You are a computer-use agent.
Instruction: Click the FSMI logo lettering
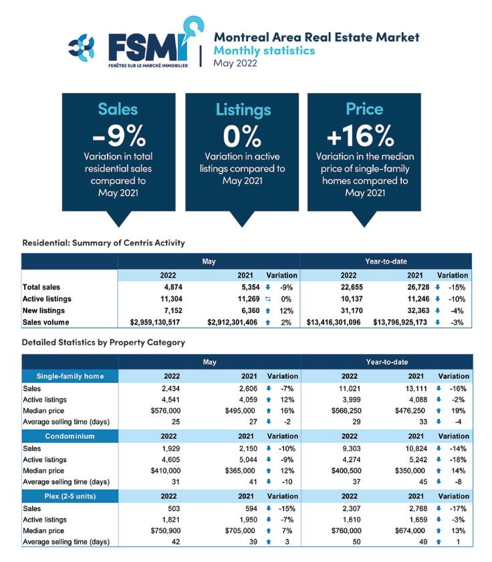[148, 48]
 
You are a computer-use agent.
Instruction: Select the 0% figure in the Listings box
[242, 136]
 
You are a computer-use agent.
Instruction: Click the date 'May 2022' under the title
[235, 63]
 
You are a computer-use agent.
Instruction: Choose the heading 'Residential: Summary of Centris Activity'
[104, 243]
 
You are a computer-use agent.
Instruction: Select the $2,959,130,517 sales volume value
[155, 322]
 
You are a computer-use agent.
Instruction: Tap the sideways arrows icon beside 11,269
[268, 299]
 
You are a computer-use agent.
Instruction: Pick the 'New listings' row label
[43, 310]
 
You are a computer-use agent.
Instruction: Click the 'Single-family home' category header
[70, 376]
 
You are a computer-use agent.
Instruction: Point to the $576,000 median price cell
[165, 411]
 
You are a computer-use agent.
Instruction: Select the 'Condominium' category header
[70, 436]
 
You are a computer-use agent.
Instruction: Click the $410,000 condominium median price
[165, 470]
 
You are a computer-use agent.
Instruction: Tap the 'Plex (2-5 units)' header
[70, 496]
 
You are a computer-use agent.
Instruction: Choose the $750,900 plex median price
[165, 531]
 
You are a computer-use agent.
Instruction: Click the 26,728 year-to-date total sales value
[418, 287]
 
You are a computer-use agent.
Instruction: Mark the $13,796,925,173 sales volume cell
[400, 322]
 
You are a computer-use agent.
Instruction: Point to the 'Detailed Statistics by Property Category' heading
[104, 343]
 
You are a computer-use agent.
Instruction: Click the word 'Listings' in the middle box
[243, 110]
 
